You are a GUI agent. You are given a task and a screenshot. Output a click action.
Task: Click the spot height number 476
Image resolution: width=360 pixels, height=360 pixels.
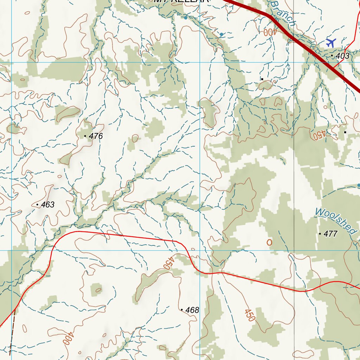(x=96, y=136)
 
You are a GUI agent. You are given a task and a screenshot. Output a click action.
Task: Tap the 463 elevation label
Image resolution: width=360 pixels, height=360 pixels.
(x=48, y=205)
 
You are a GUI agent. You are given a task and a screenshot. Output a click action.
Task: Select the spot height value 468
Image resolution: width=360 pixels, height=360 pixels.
(x=192, y=310)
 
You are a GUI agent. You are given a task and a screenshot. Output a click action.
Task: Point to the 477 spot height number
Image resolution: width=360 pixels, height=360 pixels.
(x=330, y=234)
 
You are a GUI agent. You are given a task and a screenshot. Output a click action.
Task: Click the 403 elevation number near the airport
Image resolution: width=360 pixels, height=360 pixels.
(x=342, y=56)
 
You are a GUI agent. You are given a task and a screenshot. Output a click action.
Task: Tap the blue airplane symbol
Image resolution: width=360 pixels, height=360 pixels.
(x=330, y=43)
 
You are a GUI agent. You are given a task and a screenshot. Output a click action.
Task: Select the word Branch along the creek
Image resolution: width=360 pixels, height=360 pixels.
(x=284, y=13)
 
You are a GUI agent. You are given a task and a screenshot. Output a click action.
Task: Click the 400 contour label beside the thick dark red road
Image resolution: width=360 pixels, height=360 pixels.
(x=270, y=32)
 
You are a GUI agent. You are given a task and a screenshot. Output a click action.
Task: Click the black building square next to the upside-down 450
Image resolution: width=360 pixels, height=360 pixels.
(x=345, y=132)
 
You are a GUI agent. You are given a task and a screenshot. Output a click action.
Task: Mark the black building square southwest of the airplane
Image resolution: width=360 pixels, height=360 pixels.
(x=262, y=79)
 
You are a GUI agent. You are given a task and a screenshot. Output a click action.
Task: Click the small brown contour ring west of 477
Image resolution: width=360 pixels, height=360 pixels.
(x=269, y=242)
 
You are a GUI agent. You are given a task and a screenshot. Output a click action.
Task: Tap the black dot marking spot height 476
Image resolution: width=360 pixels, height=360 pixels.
(x=85, y=136)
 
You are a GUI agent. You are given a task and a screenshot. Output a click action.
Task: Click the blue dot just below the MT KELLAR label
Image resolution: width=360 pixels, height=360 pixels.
(x=185, y=17)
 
